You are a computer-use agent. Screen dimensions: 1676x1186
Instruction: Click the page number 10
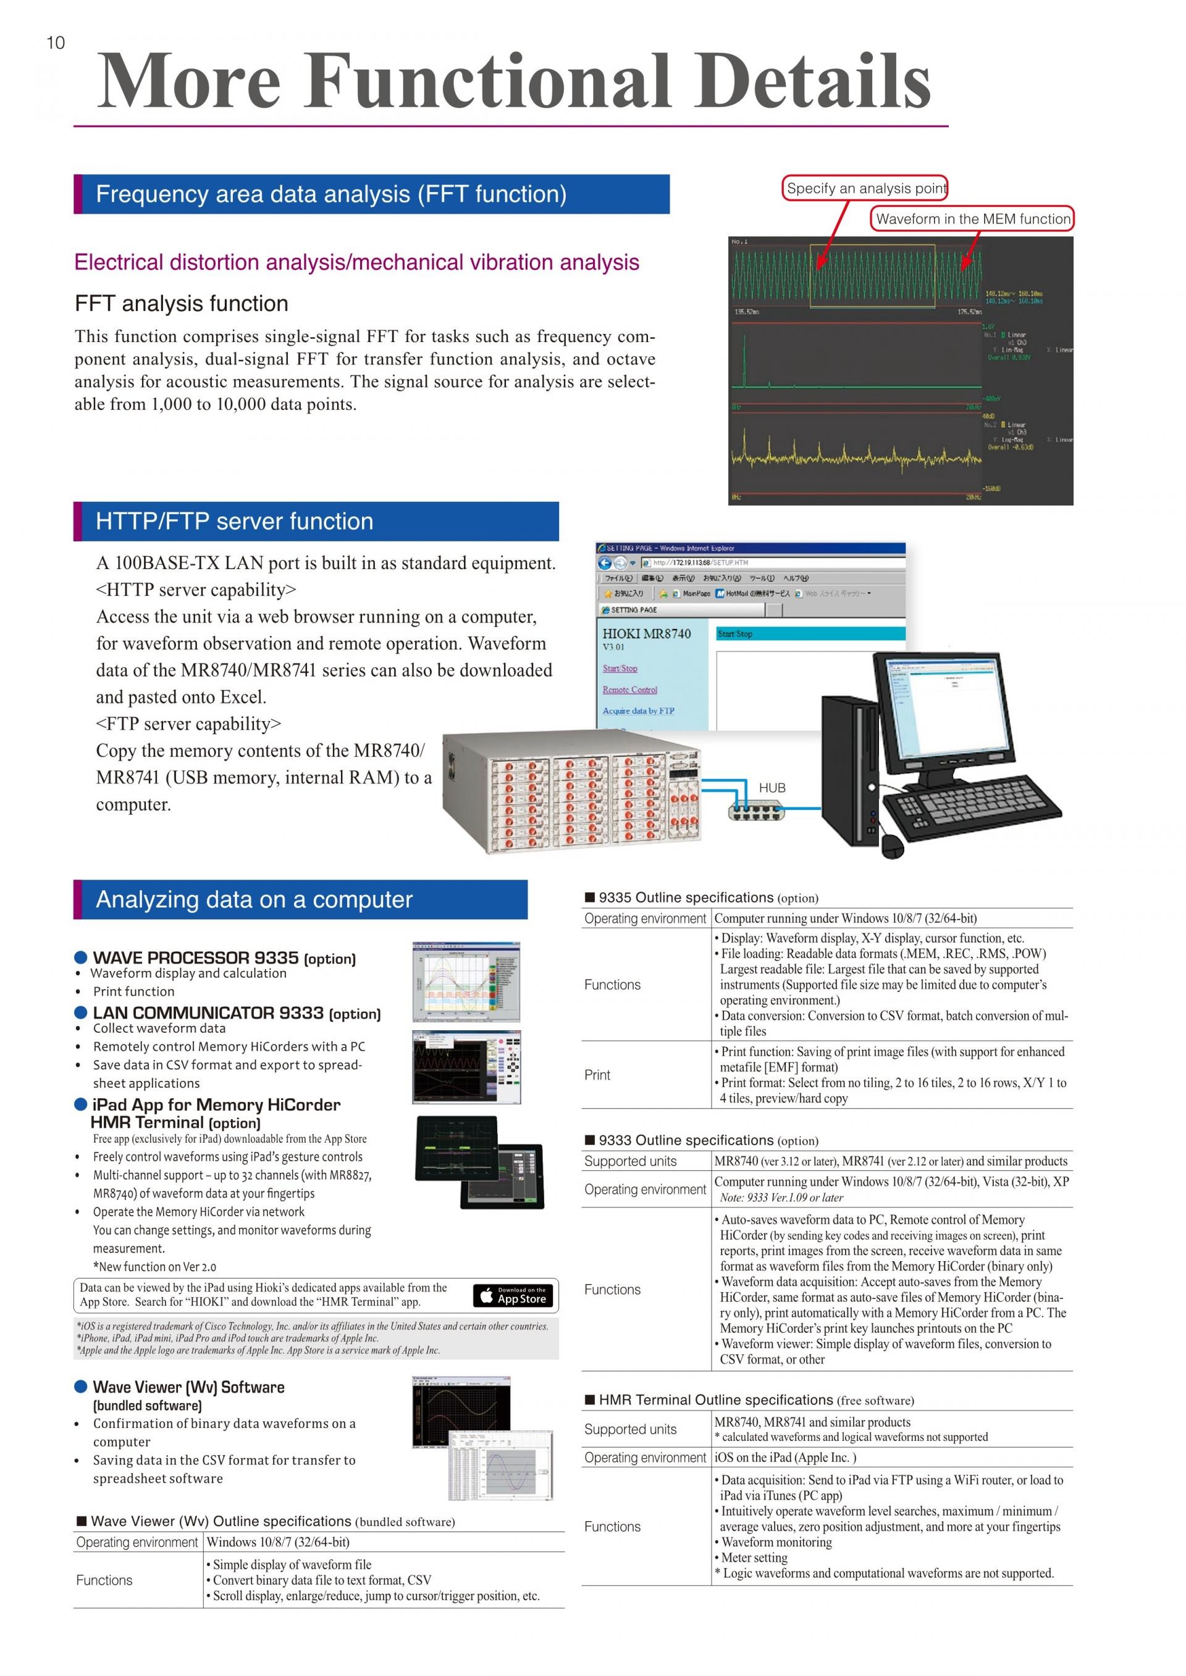tap(56, 43)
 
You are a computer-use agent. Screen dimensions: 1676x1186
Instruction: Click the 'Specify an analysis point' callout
tap(865, 188)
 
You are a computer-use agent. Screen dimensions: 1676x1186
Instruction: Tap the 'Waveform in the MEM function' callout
tap(973, 219)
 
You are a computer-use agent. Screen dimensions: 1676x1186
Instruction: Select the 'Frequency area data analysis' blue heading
tap(331, 194)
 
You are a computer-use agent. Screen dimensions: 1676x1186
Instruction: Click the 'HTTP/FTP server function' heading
tap(235, 521)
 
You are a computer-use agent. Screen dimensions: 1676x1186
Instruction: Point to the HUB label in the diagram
tap(772, 788)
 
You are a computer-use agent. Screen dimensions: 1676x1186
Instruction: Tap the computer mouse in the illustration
tap(893, 846)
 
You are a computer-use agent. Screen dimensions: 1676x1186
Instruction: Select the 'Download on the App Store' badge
tap(513, 1296)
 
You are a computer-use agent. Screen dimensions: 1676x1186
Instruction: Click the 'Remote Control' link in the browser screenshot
tap(629, 690)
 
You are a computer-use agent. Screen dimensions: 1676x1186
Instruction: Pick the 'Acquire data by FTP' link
tap(638, 711)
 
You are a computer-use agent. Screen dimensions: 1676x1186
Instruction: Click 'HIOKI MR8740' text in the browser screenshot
tap(646, 633)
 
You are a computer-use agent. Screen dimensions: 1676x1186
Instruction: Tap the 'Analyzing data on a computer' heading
tap(254, 899)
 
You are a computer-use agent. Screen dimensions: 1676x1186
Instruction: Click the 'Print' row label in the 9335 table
tap(597, 1075)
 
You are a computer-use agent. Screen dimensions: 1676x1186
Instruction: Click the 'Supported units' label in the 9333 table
tap(630, 1161)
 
